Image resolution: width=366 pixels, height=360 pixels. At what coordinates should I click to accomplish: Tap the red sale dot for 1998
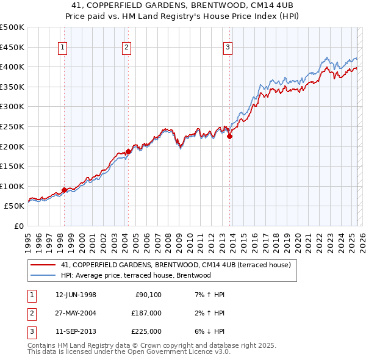pos(64,190)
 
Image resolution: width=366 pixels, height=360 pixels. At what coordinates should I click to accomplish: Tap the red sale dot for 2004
pos(129,151)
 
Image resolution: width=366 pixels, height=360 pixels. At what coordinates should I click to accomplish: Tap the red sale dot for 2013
pos(230,137)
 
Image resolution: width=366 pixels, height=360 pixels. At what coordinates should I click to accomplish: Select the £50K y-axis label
pos(15,206)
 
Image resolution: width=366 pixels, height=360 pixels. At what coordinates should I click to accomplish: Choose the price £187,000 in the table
pos(146,313)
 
